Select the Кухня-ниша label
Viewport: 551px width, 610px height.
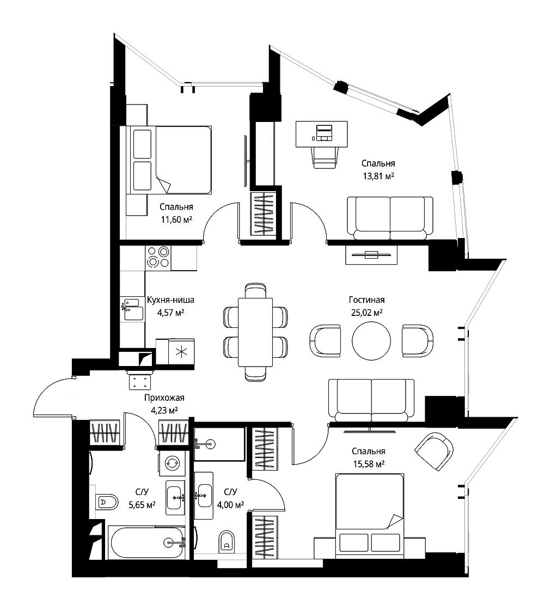tap(170, 300)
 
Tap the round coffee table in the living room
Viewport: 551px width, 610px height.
tap(371, 341)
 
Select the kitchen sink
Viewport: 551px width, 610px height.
tap(132, 308)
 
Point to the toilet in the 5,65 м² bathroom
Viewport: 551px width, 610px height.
tap(107, 502)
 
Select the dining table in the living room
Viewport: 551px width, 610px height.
tap(256, 332)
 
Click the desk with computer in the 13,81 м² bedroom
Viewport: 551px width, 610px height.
tap(323, 134)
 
